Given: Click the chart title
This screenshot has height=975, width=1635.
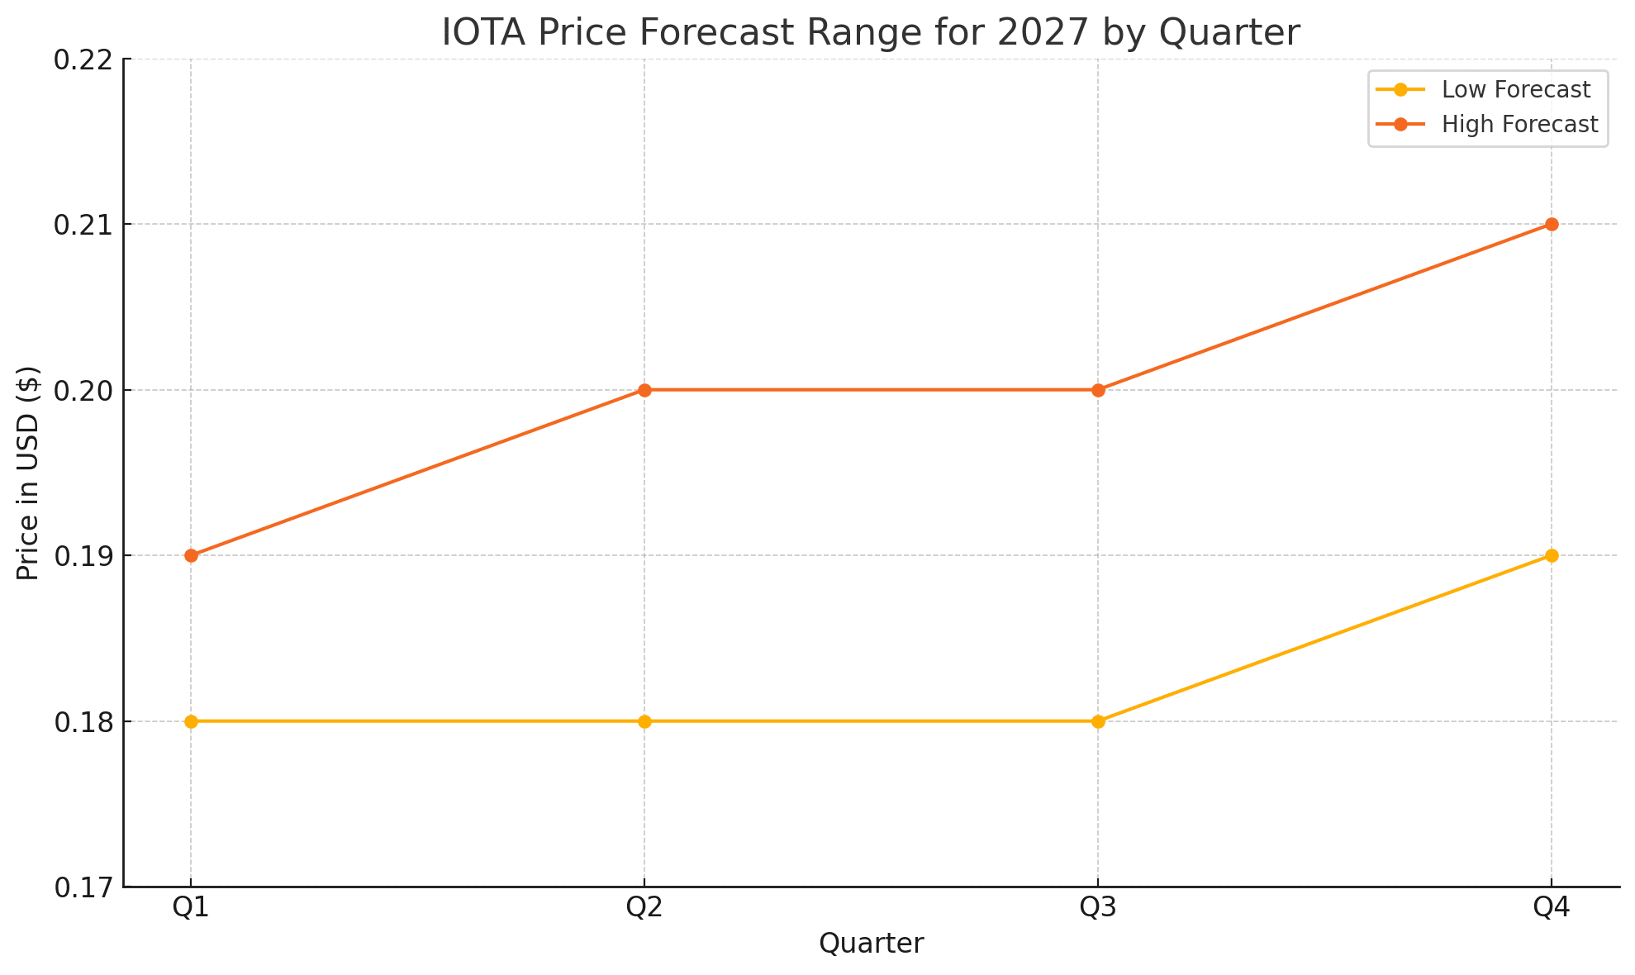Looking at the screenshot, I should click(x=871, y=33).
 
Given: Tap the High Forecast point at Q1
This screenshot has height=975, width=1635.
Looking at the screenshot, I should click(x=191, y=555).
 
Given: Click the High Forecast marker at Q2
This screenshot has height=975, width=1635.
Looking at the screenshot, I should click(x=644, y=390).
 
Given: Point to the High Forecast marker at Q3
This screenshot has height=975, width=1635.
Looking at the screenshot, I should click(x=1098, y=390).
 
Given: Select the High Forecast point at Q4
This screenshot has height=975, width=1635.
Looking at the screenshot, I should click(x=1552, y=224).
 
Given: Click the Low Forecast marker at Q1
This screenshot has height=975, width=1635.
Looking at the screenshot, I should click(x=191, y=721).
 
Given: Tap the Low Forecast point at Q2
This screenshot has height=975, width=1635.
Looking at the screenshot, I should click(x=644, y=721).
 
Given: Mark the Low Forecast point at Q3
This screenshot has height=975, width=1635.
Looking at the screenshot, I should click(x=1098, y=721).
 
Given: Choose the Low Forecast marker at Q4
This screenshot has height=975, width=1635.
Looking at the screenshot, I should click(x=1552, y=555).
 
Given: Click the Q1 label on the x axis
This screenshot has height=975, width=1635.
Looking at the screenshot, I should click(x=191, y=908).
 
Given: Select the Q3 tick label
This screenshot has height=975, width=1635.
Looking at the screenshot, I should click(x=1098, y=908).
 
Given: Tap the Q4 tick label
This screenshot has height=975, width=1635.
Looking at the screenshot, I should click(x=1552, y=908).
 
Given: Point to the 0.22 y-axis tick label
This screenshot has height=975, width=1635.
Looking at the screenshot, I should click(x=83, y=59).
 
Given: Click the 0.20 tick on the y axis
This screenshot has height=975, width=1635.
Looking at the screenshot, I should click(x=83, y=391).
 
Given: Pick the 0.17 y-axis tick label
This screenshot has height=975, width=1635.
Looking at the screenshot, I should click(x=83, y=888).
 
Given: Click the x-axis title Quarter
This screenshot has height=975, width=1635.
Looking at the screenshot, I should click(x=871, y=944).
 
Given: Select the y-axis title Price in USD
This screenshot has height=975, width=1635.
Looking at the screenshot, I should click(x=29, y=473).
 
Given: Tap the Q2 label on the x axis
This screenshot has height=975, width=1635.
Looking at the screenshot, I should click(x=644, y=908).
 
